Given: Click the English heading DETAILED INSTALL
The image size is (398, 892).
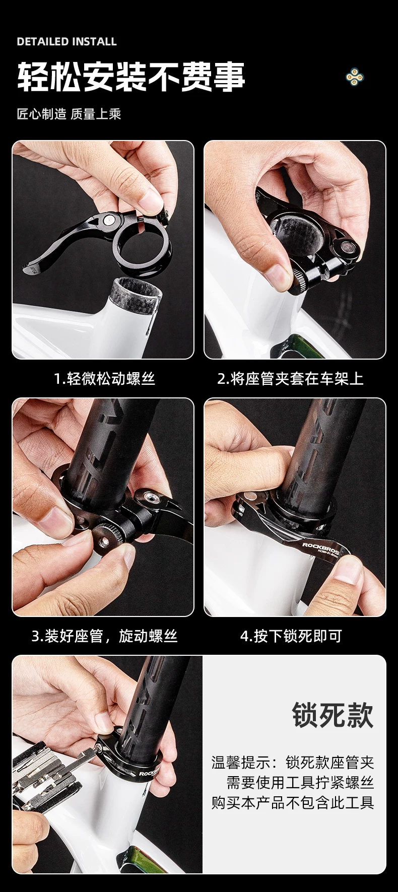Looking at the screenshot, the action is [x=67, y=42].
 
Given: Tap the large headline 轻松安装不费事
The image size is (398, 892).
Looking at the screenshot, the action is [x=131, y=77].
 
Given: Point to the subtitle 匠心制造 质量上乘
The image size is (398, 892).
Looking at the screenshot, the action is [x=69, y=114].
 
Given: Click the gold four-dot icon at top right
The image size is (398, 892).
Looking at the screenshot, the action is [x=355, y=77].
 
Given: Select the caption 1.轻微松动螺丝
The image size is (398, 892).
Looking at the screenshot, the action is [x=104, y=378].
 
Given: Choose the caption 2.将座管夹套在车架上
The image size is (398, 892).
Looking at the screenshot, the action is [x=290, y=378].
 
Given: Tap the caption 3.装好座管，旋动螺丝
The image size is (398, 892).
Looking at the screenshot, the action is [x=104, y=636].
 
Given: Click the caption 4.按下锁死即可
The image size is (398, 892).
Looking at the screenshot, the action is [x=291, y=636].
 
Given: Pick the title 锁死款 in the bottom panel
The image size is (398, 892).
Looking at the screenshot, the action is [x=333, y=715].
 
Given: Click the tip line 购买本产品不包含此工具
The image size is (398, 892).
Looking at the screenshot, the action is [x=293, y=802].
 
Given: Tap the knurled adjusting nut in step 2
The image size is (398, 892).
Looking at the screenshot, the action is [x=301, y=278].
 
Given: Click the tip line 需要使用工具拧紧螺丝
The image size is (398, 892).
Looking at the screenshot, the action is [x=300, y=782].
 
